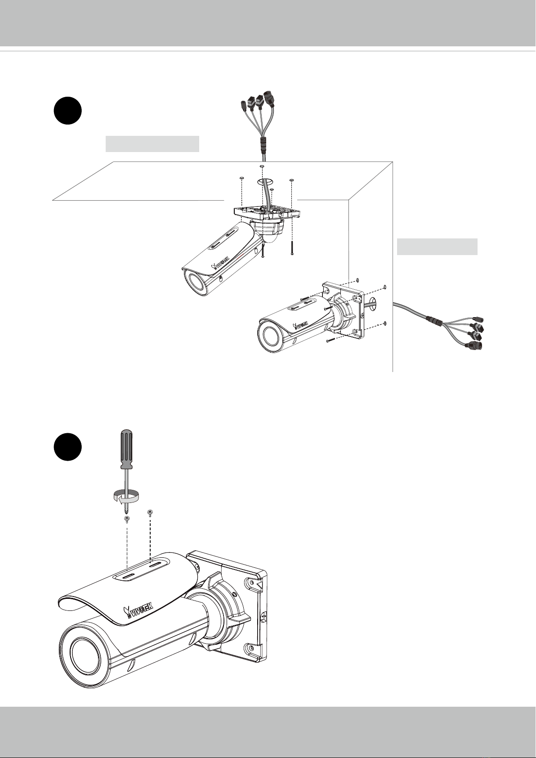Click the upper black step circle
[x=67, y=111]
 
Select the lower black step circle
[x=67, y=447]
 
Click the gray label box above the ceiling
[x=152, y=144]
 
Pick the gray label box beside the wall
[x=437, y=247]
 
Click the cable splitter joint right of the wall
[x=434, y=320]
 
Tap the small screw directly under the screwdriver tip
[x=127, y=520]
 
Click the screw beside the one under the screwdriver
[x=150, y=513]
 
